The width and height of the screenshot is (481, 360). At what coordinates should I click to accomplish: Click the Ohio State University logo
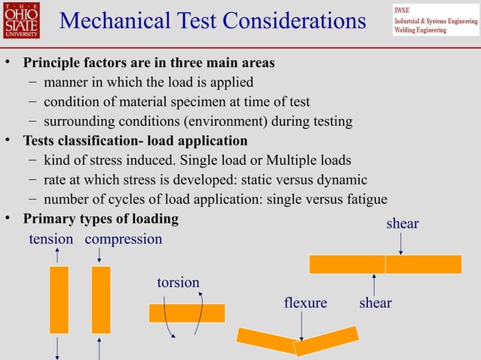coord(21,20)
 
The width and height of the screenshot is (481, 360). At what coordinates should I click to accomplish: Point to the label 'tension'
coord(51,239)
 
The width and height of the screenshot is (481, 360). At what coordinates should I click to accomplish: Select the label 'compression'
coord(124,239)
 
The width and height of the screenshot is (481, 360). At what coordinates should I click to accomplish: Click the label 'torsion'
coord(178,282)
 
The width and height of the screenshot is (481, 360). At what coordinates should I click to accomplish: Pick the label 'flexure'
coord(305,303)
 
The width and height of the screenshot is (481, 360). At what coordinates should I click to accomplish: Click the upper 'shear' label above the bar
coord(402,224)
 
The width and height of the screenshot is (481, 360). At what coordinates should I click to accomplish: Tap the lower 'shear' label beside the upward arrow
coord(375,303)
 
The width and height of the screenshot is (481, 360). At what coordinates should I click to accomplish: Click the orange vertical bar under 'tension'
coord(59,299)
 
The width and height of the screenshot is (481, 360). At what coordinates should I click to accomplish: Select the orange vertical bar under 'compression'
coord(100,299)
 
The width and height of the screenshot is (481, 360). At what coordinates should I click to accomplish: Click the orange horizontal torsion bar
coord(187,313)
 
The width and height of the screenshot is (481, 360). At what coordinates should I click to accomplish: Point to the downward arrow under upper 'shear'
coord(400,243)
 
